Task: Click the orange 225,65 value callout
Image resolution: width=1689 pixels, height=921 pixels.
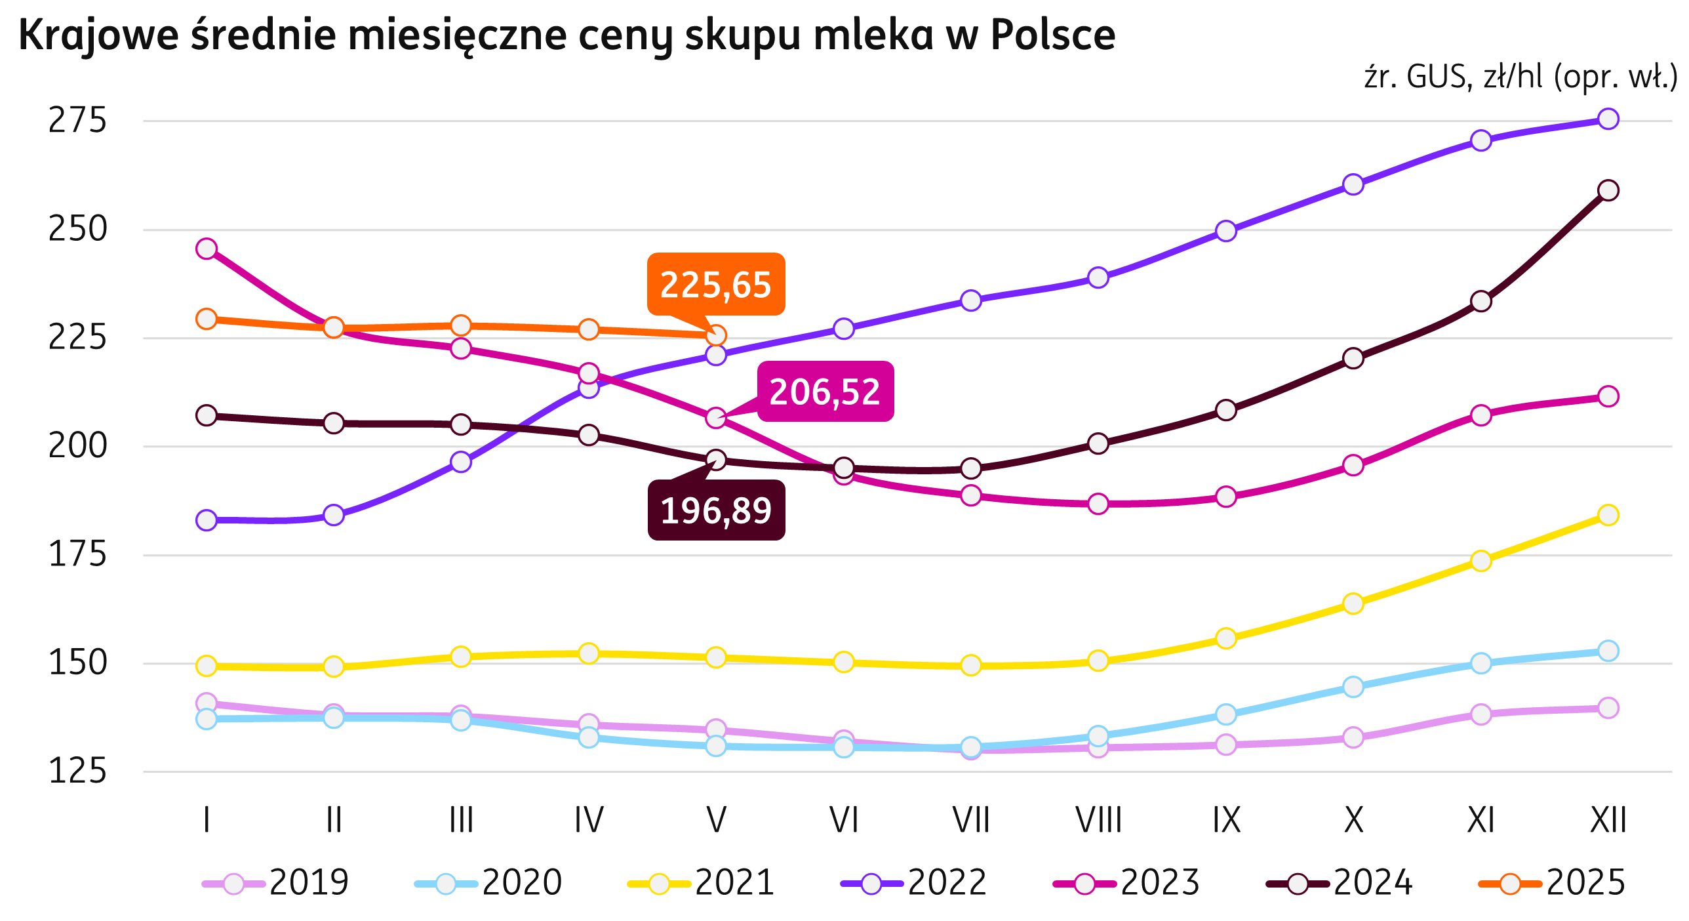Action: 715,284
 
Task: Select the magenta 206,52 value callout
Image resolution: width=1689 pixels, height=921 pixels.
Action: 825,392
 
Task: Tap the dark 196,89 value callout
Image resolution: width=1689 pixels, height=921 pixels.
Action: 716,510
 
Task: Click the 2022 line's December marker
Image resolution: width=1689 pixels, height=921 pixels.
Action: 1608,119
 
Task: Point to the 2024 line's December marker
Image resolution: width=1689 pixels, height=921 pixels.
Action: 1608,190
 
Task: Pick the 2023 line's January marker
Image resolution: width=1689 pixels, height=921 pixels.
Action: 207,249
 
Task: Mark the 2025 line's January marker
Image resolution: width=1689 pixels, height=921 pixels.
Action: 207,319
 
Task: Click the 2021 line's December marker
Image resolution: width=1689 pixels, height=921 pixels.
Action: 1608,515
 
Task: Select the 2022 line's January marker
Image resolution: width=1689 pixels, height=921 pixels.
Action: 207,520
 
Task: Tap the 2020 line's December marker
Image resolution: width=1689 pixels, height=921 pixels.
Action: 1608,651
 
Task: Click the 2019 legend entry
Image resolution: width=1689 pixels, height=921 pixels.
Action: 276,883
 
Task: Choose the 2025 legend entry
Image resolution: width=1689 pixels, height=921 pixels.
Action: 1552,883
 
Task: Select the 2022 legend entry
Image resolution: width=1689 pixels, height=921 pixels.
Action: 914,883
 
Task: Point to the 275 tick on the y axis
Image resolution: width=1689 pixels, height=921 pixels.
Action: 77,121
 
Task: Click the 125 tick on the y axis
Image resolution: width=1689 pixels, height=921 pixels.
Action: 77,771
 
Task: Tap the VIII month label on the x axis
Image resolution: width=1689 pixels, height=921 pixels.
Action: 1098,820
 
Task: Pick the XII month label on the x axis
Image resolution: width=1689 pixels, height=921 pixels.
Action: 1608,820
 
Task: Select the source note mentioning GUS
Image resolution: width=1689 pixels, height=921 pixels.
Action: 1520,77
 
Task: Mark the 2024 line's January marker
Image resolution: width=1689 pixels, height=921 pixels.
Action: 207,415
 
